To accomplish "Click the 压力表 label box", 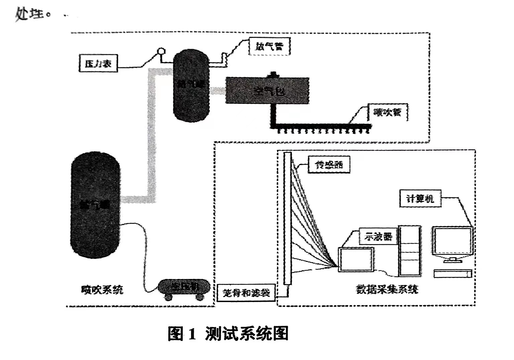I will [98, 63].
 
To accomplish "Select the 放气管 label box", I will [269, 46].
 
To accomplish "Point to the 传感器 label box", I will [329, 164].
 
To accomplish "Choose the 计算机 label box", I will [420, 199].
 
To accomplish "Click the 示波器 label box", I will [378, 236].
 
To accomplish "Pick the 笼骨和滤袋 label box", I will [246, 293].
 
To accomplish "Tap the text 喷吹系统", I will [102, 289].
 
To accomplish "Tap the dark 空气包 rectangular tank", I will [267, 90].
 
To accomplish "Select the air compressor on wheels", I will [184, 288].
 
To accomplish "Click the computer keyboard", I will [453, 274].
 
